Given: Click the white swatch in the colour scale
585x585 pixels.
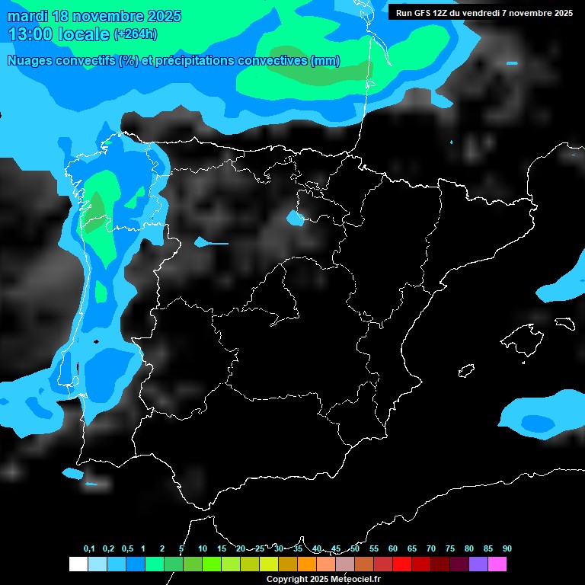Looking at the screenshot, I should [78, 564].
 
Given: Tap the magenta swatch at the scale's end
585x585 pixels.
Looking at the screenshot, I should [497, 564].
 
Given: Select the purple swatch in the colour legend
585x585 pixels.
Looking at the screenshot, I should [478, 564].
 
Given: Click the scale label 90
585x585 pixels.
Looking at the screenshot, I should [507, 548].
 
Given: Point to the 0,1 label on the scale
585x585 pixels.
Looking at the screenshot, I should [89, 548].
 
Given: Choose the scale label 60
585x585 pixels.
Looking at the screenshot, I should [393, 548].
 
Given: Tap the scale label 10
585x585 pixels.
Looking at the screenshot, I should [203, 548].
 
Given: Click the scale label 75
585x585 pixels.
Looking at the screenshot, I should [450, 548].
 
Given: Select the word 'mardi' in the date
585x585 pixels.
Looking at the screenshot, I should [27, 16].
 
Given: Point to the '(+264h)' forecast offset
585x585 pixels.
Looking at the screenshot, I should [135, 34].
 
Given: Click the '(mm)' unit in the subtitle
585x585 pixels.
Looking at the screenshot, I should [325, 61].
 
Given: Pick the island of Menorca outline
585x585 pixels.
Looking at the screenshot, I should [564, 323].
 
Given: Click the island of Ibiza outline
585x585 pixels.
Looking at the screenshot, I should [465, 371].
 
